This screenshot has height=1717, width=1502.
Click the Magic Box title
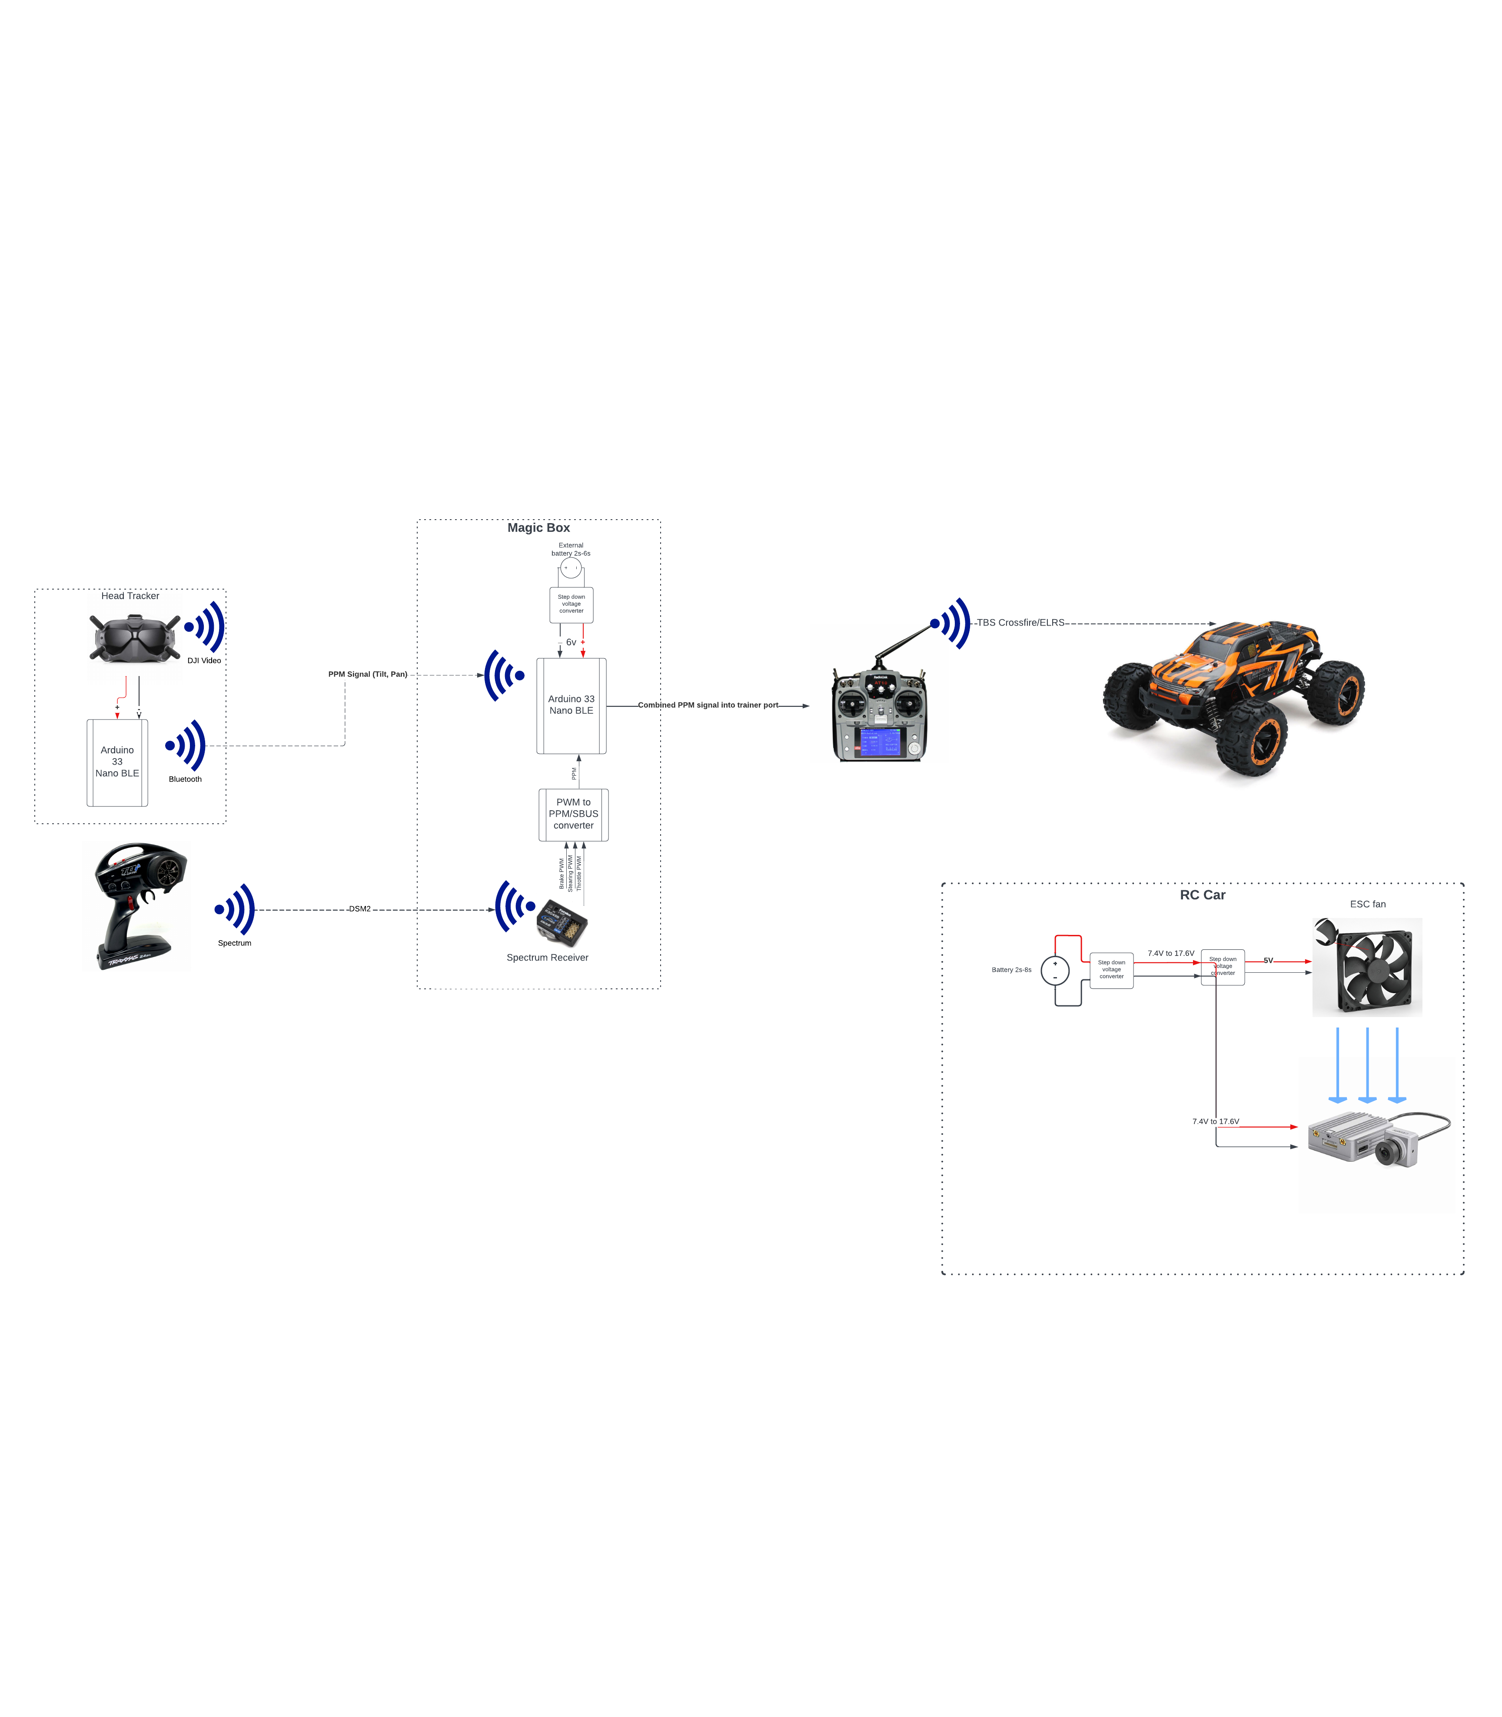coord(538,528)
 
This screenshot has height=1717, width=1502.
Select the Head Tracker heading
coord(130,596)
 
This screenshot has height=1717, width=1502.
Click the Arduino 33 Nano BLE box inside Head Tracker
coord(117,762)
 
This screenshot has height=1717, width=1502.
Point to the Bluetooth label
coord(185,779)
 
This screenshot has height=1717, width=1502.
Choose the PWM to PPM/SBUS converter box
coord(573,815)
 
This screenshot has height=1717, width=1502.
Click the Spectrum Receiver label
coord(547,958)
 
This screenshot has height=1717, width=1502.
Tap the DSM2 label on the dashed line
coord(359,909)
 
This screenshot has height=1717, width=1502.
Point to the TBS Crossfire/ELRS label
coord(1020,623)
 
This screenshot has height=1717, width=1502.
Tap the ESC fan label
coord(1367,904)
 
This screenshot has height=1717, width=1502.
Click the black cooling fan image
coord(1367,968)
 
